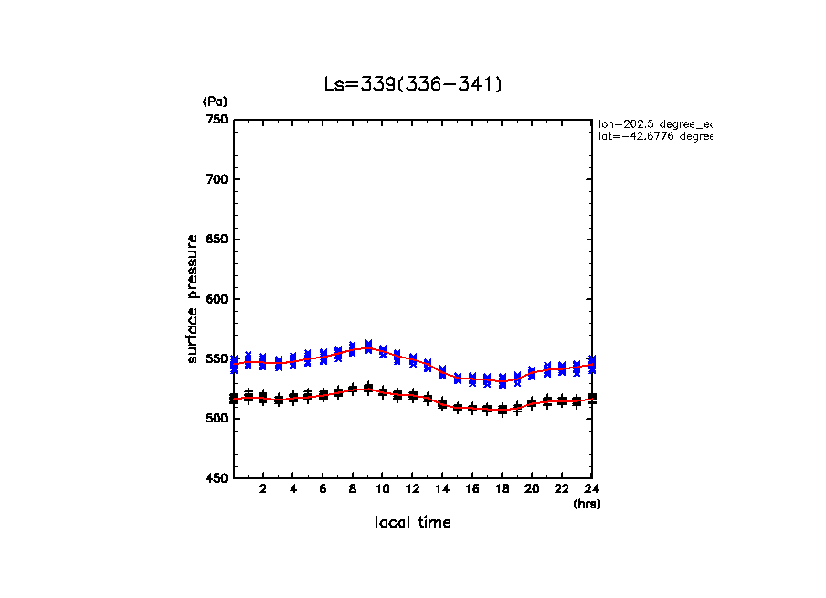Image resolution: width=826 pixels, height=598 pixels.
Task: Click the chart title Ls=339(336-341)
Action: pos(413,84)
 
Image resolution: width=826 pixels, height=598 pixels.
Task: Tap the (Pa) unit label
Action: pos(215,101)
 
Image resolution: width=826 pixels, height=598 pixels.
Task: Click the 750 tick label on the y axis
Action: pos(217,120)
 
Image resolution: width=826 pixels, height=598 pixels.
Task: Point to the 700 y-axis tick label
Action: pos(217,179)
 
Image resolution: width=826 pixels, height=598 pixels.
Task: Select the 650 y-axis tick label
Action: pos(217,240)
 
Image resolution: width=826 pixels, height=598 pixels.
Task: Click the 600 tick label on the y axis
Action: pos(217,299)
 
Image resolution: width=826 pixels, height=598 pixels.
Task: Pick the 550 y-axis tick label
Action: pos(217,358)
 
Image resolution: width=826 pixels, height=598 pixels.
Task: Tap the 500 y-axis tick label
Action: pos(217,419)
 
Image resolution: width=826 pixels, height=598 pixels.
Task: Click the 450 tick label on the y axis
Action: pos(217,478)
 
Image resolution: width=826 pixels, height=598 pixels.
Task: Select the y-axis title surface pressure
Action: pos(193,298)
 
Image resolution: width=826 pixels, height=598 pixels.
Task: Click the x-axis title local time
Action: pos(413,523)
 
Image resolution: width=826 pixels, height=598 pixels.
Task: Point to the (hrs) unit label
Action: pos(587,504)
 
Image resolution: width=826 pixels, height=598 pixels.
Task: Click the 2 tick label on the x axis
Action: pos(263,489)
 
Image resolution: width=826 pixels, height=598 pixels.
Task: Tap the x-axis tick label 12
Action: pos(412,489)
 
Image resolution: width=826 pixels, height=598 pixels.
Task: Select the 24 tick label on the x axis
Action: pos(591,489)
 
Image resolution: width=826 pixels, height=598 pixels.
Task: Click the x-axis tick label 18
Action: pos(502,489)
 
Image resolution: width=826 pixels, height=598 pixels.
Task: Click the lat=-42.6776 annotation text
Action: pos(654,136)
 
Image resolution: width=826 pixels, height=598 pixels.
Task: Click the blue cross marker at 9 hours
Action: pos(368,346)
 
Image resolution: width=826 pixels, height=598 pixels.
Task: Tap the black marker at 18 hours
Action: pos(502,410)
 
